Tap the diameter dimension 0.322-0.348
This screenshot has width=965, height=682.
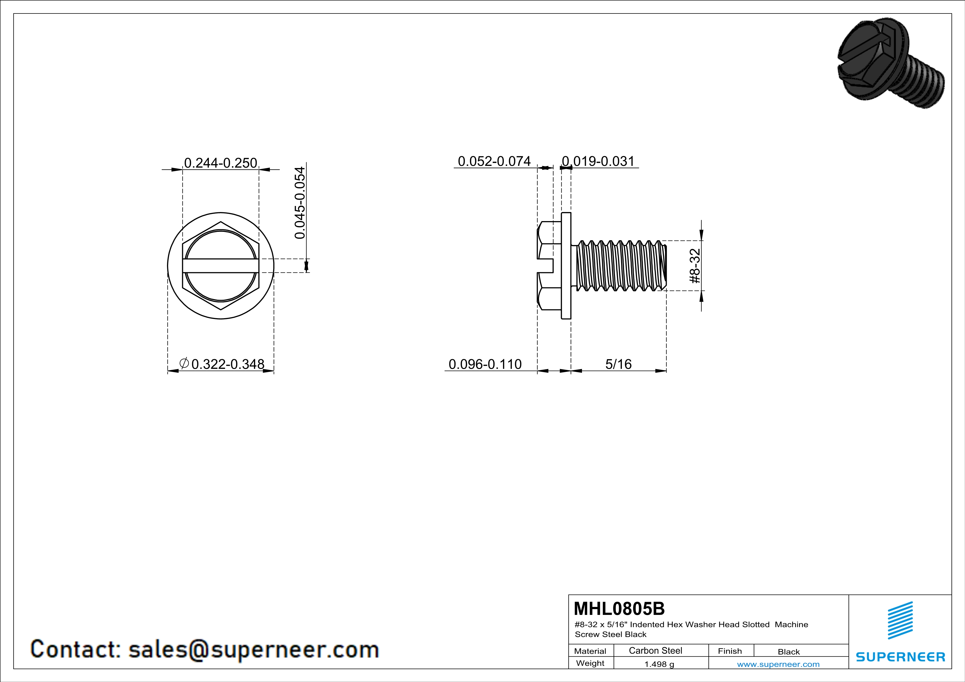(222, 364)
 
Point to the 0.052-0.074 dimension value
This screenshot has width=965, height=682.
(494, 161)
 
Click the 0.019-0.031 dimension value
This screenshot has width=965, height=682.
(598, 161)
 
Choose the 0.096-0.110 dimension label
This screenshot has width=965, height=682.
(485, 364)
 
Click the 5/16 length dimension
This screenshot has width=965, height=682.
(618, 364)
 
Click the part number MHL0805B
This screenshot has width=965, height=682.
(619, 608)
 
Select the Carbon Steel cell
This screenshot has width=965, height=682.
(655, 650)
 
